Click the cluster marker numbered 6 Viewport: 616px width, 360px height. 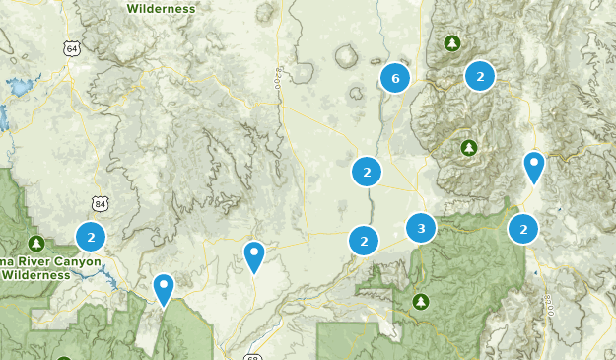[x=395, y=79]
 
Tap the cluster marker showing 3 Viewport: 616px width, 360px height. [x=421, y=229]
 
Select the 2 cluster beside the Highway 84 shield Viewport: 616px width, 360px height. [x=91, y=237]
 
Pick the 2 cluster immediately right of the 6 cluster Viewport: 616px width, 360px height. [x=479, y=75]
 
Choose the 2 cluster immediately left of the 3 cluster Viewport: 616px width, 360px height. [x=364, y=239]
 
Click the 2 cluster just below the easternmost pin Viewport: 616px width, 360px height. [x=523, y=229]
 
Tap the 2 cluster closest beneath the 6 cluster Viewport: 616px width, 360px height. [x=366, y=172]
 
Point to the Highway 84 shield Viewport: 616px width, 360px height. [x=100, y=204]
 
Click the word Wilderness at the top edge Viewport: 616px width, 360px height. [x=160, y=8]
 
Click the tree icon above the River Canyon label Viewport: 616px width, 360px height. [x=36, y=243]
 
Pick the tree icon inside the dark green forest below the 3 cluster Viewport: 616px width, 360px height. [x=422, y=300]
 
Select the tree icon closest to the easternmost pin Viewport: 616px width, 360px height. [x=469, y=148]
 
